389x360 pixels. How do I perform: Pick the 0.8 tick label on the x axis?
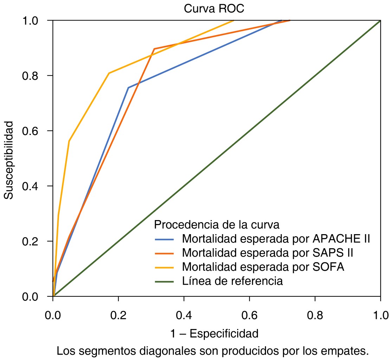[315, 314]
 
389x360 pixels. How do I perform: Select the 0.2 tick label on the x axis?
[118, 314]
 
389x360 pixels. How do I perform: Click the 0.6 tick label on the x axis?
[249, 314]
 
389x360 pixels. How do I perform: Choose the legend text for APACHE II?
[276, 238]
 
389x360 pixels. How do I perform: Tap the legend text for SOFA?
[263, 267]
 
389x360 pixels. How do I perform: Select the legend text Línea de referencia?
[232, 281]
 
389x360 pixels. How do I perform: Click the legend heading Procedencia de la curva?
[217, 224]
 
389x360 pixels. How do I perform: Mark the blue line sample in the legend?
[164, 239]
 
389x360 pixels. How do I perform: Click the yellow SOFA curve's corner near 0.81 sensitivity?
[109, 73]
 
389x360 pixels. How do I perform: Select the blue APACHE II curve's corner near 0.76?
[128, 88]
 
